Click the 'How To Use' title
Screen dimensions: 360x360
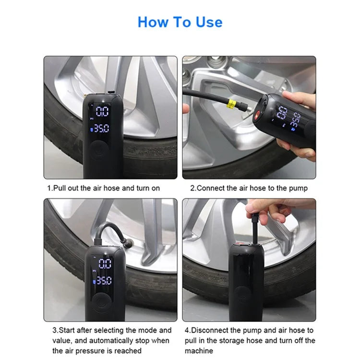click(x=180, y=22)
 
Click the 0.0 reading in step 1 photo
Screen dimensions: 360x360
click(x=102, y=112)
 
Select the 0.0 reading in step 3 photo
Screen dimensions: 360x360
click(x=105, y=263)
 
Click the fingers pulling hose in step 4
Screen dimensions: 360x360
click(x=266, y=211)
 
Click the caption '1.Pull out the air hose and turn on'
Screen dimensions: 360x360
click(x=103, y=188)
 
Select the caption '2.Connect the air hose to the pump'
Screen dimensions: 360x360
click(x=249, y=188)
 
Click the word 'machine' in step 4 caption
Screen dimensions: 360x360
click(x=198, y=351)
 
